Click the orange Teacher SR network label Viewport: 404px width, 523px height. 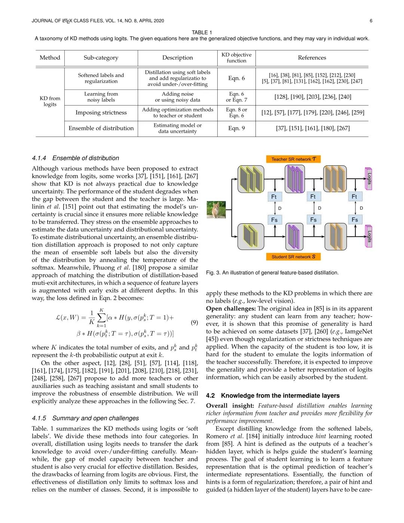294,159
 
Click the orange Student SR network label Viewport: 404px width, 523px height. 294,257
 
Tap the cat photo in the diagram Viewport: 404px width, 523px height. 216,210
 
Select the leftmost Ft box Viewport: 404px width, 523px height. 274,197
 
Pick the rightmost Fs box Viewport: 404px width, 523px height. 355,220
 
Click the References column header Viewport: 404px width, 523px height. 312,58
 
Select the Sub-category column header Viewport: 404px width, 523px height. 101,58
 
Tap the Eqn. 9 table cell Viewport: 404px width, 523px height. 236,128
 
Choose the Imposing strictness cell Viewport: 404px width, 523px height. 101,113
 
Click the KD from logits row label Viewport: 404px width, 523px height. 50,101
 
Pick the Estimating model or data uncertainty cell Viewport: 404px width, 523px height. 177,128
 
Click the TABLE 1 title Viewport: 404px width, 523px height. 202,33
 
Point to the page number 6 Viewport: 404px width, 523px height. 371,21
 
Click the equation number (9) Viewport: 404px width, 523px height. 194,322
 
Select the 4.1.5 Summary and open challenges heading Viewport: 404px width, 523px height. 85,418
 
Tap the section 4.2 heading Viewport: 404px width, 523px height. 273,395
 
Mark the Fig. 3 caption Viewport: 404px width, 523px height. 272,273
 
